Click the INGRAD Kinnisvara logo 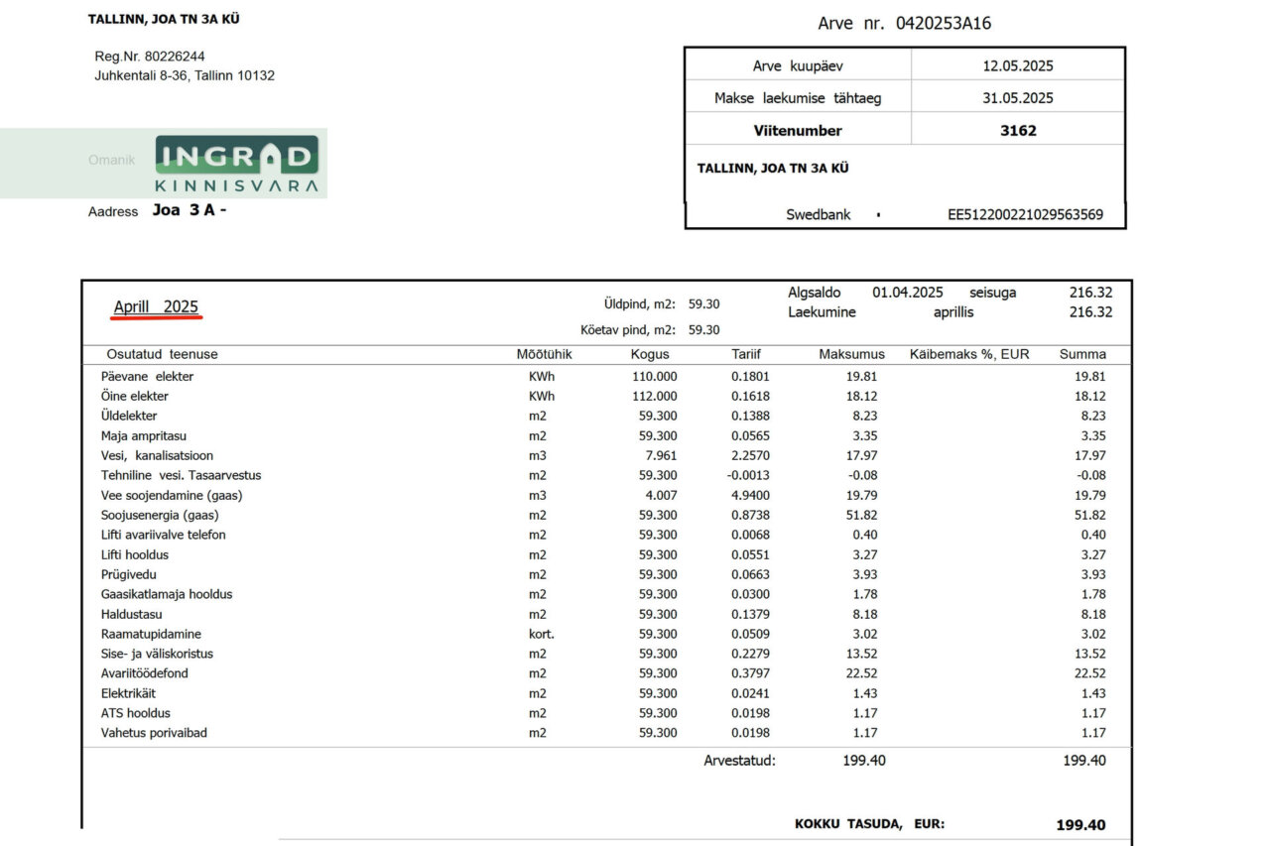[236, 165]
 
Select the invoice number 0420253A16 [943, 23]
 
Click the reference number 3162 [1018, 130]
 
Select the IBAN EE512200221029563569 [1026, 214]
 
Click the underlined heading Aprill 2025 [156, 307]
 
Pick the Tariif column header [746, 354]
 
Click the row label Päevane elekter [147, 376]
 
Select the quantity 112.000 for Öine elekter [655, 396]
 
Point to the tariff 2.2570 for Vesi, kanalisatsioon [750, 455]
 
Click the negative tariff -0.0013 [748, 475]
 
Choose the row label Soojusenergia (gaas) [160, 515]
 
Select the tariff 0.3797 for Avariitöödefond [750, 673]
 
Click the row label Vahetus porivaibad [154, 733]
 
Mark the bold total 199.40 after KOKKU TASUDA [1080, 825]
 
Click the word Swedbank [819, 214]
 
